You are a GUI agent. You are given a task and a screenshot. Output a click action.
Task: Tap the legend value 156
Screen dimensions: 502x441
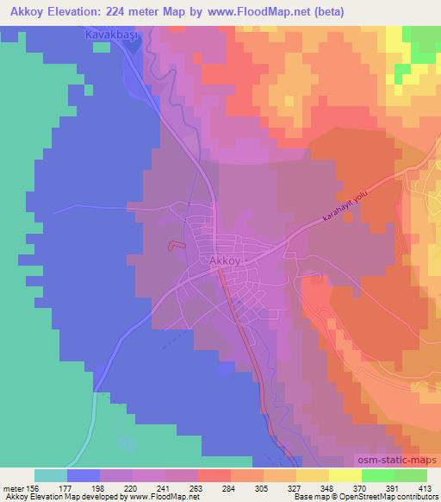pyautogui.click(x=48, y=487)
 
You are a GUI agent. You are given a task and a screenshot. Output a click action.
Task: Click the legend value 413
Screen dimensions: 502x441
pyautogui.click(x=425, y=487)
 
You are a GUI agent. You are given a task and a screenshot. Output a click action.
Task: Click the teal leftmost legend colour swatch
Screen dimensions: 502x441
pyautogui.click(x=51, y=475)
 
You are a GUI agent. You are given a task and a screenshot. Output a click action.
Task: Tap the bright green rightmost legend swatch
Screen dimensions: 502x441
pyautogui.click(x=411, y=475)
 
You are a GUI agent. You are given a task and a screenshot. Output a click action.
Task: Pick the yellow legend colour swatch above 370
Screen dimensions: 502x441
pyautogui.click(x=345, y=475)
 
